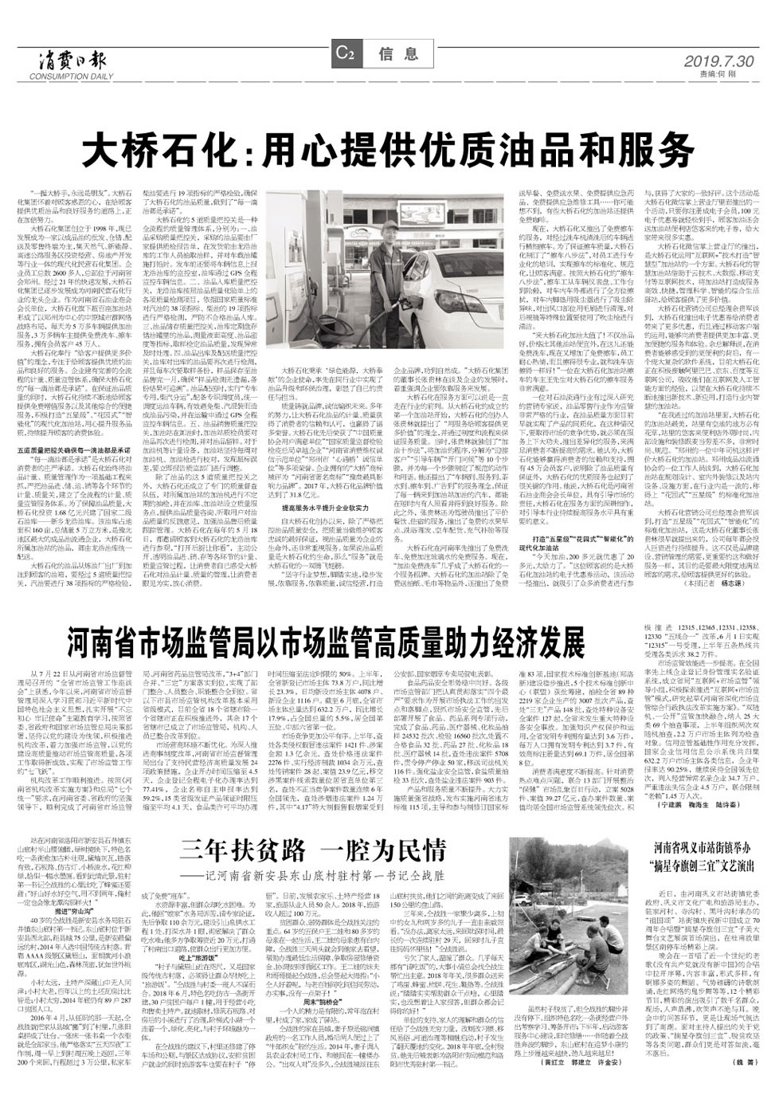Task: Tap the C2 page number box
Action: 344,55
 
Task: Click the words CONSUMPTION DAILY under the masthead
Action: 68,77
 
